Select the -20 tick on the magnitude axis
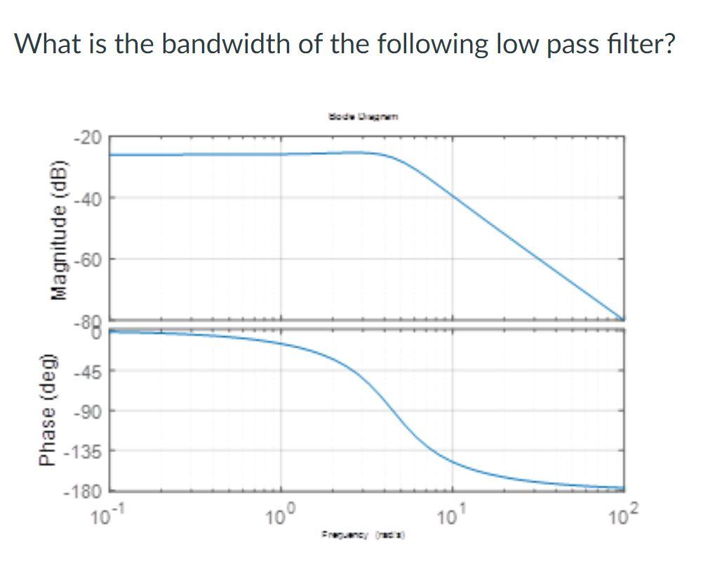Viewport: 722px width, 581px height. click(x=88, y=137)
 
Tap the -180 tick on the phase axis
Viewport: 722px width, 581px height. click(x=86, y=491)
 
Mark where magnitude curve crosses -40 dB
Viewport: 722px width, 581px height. click(x=453, y=198)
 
